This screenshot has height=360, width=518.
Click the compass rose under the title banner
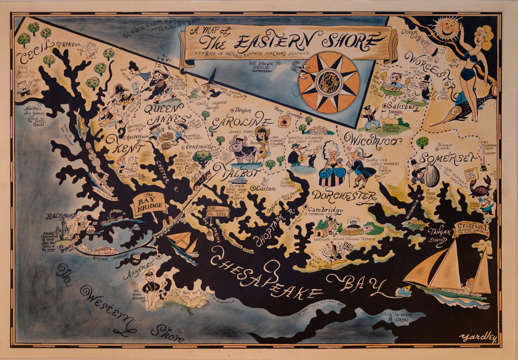point(328,82)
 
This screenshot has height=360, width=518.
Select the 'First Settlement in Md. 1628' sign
point(218,212)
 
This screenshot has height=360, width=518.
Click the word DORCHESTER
point(344,196)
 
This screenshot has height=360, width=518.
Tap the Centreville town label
point(199,147)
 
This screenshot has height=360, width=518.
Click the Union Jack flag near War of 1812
point(348,246)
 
